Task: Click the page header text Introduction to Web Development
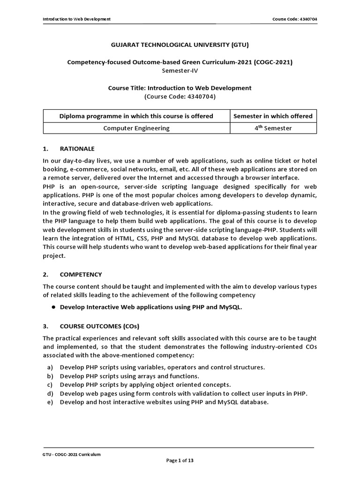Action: [76, 19]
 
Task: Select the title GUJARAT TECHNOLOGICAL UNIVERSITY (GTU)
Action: [180, 45]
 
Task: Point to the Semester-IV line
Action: [180, 70]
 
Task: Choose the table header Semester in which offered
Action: [273, 116]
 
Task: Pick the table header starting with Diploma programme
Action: [136, 116]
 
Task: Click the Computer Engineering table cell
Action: [136, 128]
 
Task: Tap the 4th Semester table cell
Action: [273, 128]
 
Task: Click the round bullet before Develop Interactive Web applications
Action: [54, 307]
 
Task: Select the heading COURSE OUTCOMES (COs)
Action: [99, 326]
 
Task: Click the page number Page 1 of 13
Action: [180, 461]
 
